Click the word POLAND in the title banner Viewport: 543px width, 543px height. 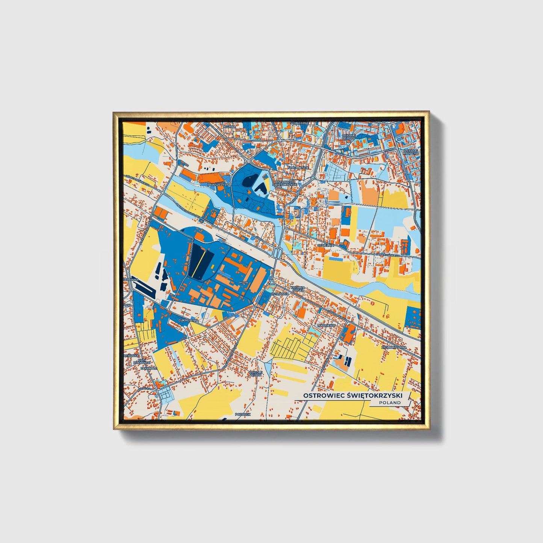390,402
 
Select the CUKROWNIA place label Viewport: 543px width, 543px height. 188,320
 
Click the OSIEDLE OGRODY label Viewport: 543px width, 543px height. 349,137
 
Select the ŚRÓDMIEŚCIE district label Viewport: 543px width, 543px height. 298,168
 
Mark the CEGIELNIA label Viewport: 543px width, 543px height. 325,245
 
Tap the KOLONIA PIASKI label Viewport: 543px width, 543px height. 297,289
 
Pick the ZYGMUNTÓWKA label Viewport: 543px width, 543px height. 393,348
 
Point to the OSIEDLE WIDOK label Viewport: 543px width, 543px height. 256,374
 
